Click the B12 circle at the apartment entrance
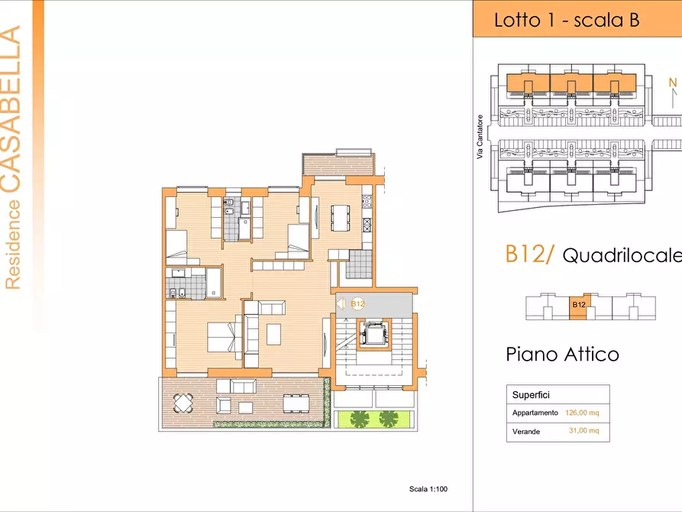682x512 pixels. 357,304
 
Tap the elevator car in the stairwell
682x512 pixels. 373,335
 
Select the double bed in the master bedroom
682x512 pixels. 225,336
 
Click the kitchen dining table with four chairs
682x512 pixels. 340,218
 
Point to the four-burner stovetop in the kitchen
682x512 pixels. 367,201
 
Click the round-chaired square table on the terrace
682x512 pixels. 183,403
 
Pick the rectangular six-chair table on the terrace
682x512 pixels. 296,403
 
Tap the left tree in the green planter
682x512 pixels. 360,419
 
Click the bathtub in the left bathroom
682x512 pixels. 214,283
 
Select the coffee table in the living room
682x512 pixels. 273,334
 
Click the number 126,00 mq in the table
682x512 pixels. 582,413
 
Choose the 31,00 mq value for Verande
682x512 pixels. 584,430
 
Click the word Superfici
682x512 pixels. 531,395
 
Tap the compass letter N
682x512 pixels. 673,83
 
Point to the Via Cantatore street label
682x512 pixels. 480,137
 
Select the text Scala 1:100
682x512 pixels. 428,489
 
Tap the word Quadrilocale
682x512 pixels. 622,255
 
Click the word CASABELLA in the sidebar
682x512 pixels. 11,109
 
